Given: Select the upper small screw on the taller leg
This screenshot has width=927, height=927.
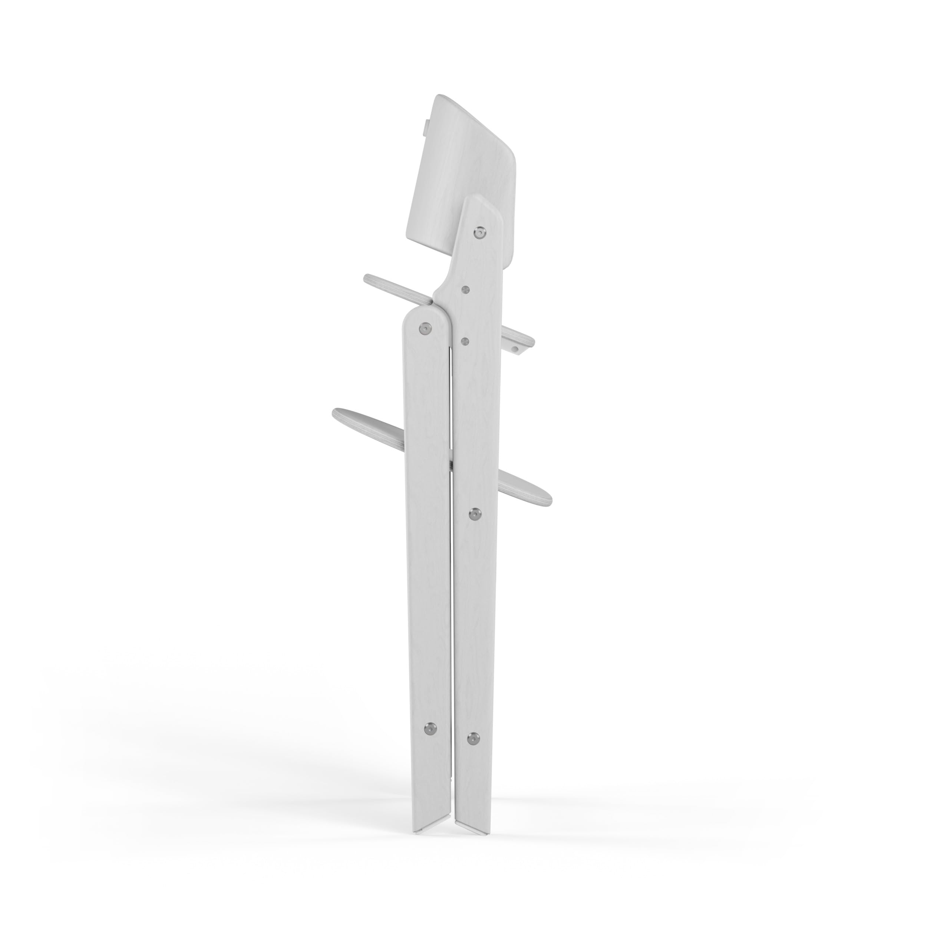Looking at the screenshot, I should [465, 289].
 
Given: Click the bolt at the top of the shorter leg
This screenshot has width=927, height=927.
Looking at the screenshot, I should [424, 328].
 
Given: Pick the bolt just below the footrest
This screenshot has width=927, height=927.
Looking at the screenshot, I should [475, 514].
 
